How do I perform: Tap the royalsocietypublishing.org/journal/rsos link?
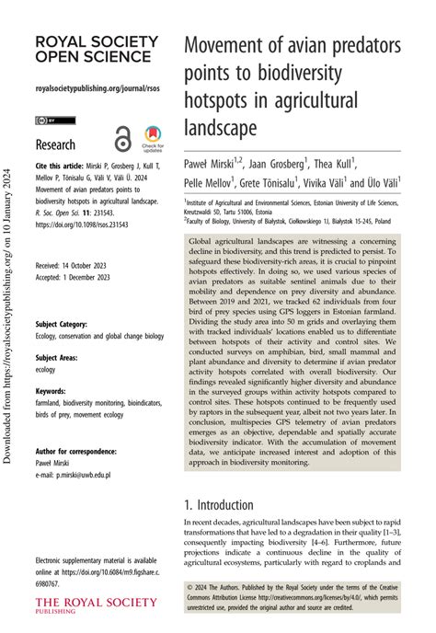[x=96, y=88]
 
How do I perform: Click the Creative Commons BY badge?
[x=48, y=121]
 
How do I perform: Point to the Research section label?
[x=55, y=144]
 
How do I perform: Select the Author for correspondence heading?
[x=75, y=452]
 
